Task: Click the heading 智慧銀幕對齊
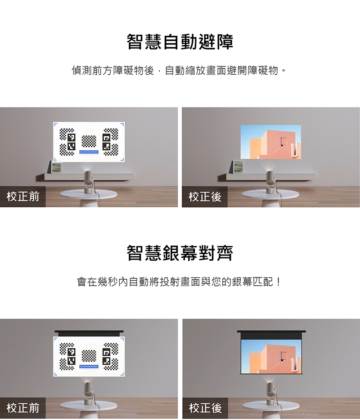click(180, 253)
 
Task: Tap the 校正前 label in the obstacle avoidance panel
click(23, 197)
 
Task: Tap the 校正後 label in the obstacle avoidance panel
click(205, 197)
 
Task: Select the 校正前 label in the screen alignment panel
click(23, 408)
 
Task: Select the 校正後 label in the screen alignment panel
click(205, 408)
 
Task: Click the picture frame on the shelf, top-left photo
click(57, 167)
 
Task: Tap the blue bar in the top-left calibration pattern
click(89, 152)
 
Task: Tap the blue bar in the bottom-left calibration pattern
click(89, 367)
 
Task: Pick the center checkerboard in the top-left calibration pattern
click(89, 141)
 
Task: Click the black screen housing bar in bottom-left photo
click(89, 333)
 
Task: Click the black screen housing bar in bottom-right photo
click(271, 332)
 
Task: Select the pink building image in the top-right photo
click(270, 142)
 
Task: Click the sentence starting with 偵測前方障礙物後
click(180, 71)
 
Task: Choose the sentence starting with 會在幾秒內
click(180, 282)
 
